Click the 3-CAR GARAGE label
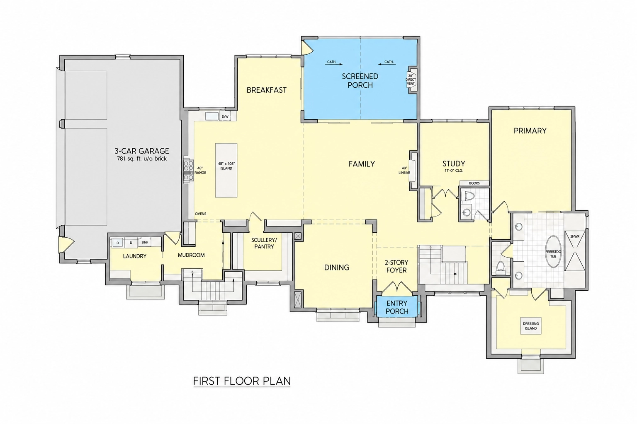click(x=141, y=151)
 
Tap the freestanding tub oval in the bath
click(x=553, y=252)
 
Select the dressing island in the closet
click(x=531, y=326)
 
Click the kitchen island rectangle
click(x=226, y=170)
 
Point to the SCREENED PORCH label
click(x=360, y=81)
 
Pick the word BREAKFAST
click(x=267, y=90)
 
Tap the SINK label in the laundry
click(x=145, y=243)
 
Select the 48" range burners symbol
click(x=188, y=171)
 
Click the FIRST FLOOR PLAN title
click(x=242, y=381)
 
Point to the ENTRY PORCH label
click(x=397, y=307)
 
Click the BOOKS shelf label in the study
click(x=474, y=183)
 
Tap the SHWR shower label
click(x=575, y=236)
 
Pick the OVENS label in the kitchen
click(x=200, y=214)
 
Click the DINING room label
click(x=337, y=267)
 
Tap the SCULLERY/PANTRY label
click(x=264, y=243)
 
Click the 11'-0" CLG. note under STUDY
click(x=454, y=171)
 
